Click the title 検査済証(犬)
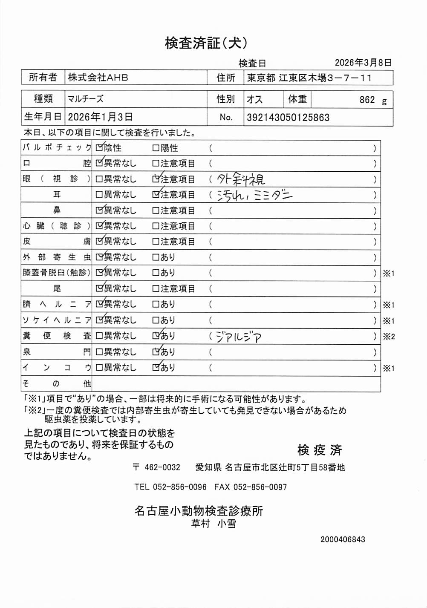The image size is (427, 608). tap(206, 43)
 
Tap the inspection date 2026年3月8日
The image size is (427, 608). tap(363, 63)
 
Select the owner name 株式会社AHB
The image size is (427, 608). tap(98, 78)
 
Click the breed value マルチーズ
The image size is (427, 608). tap(85, 99)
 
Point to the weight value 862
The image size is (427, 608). tap(367, 100)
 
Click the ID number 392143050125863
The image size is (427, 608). tap(288, 118)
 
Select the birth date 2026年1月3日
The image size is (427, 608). tap(100, 117)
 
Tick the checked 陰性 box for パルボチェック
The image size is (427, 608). tap(99, 148)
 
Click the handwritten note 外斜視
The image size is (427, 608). tap(241, 179)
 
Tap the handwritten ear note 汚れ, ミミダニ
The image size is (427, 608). tap(254, 195)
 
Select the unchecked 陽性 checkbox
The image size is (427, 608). tap(156, 148)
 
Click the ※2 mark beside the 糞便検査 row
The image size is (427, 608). tap(388, 337)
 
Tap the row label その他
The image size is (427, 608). tap(57, 384)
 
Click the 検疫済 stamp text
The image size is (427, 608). tap(319, 450)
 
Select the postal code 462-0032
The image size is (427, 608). tap(162, 467)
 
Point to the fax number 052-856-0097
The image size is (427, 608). tap(260, 487)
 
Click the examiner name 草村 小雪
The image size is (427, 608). tap(213, 524)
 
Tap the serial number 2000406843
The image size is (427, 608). tap(343, 539)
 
